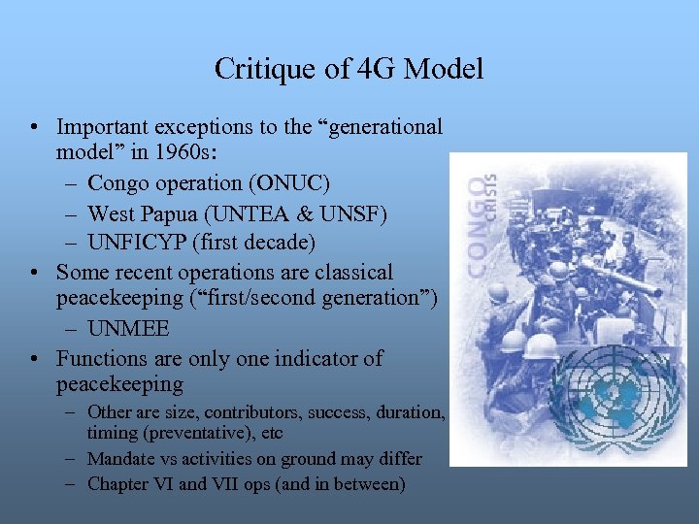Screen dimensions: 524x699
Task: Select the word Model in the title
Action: tap(443, 70)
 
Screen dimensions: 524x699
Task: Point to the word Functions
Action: tap(107, 359)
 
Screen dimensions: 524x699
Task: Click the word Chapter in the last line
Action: tap(118, 483)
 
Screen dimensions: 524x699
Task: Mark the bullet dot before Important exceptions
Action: tap(35, 127)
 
